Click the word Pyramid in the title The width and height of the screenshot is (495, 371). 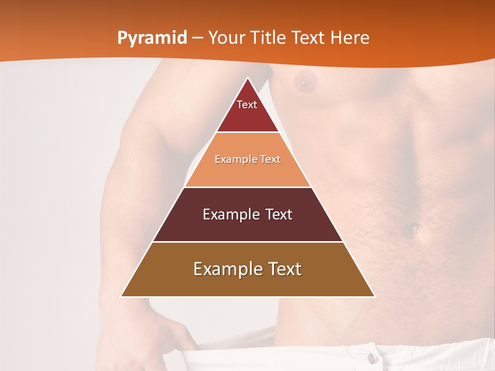click(152, 38)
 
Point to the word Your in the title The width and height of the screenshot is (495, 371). click(227, 38)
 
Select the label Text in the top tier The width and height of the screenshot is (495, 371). click(247, 105)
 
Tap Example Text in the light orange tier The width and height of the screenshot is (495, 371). click(247, 159)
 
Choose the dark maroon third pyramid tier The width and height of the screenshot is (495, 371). click(247, 227)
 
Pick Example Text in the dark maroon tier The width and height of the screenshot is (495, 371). click(247, 214)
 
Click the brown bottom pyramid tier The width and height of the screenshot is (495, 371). click(247, 283)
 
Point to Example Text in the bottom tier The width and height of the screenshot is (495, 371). click(247, 269)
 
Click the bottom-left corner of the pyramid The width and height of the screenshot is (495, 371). click(122, 296)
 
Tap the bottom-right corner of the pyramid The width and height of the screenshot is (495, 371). click(374, 296)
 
